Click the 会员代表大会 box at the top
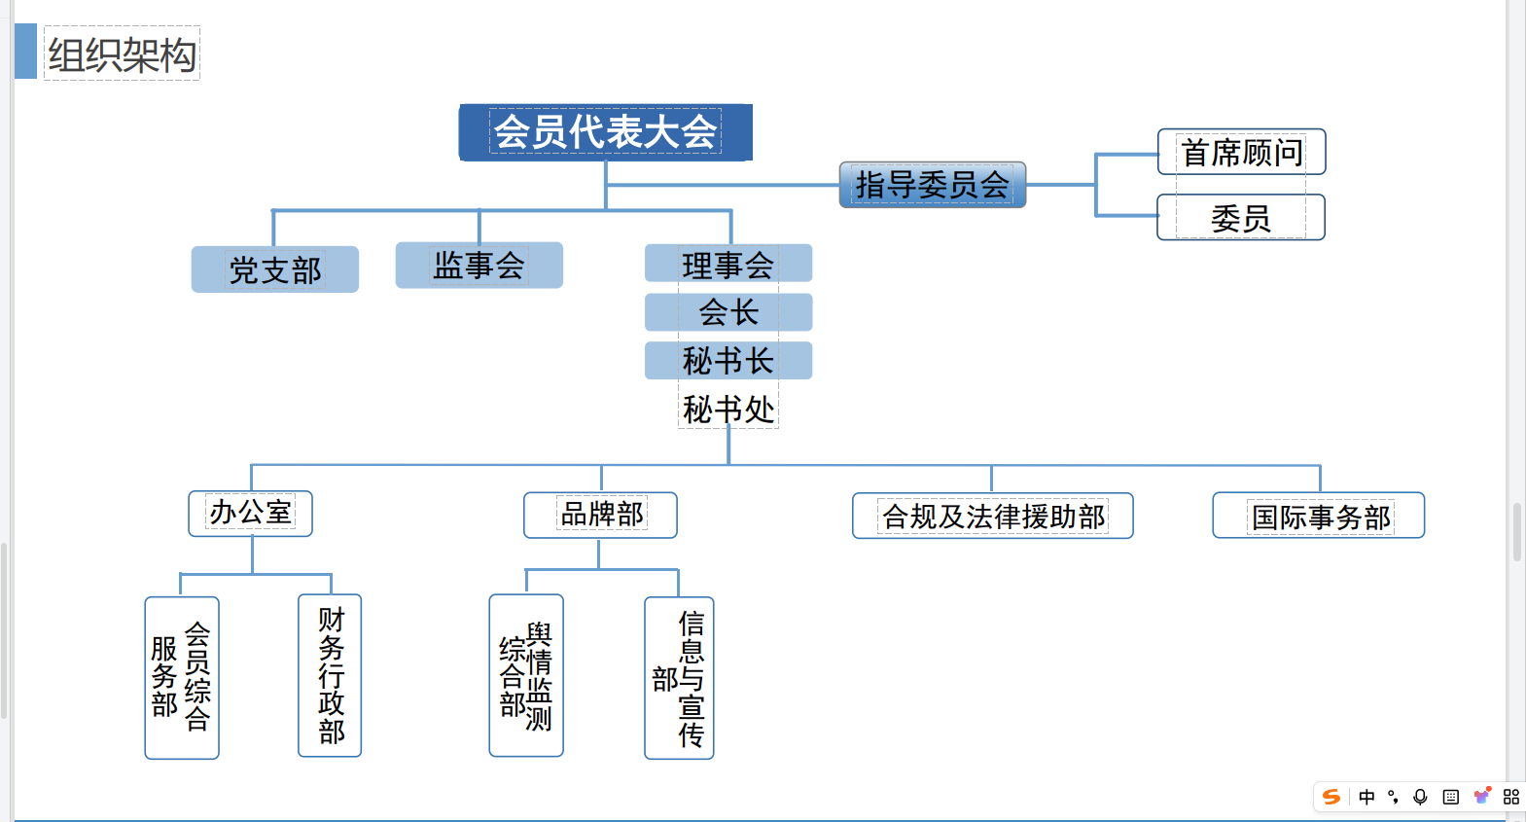[x=605, y=132]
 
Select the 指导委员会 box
[x=932, y=185]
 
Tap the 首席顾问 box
[x=1241, y=152]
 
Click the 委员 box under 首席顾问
[x=1240, y=218]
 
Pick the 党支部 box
[x=274, y=269]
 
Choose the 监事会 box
[x=479, y=265]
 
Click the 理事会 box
[x=728, y=264]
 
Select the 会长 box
[x=728, y=312]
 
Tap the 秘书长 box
[x=728, y=361]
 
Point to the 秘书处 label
[x=728, y=410]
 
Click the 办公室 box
[x=250, y=513]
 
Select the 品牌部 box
[x=600, y=515]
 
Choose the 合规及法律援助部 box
[x=992, y=516]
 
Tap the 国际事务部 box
[x=1318, y=516]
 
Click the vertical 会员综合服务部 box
[x=182, y=677]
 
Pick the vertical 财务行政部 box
[x=330, y=675]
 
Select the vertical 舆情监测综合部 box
[x=526, y=675]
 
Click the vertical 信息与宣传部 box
[x=679, y=677]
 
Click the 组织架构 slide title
[x=122, y=54]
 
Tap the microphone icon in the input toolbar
[x=1420, y=797]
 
